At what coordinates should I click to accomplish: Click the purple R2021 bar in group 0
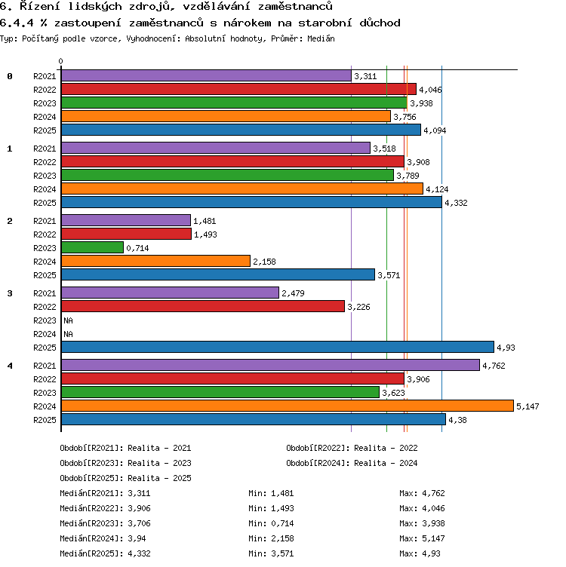(x=206, y=75)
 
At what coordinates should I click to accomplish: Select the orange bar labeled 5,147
(x=288, y=406)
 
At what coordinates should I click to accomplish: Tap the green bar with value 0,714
(x=92, y=247)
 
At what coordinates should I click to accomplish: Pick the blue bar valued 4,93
(x=278, y=347)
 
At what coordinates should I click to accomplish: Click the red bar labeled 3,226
(x=203, y=306)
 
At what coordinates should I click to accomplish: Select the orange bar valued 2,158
(x=155, y=261)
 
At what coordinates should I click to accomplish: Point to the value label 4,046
(x=430, y=90)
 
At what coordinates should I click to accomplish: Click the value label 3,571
(x=389, y=275)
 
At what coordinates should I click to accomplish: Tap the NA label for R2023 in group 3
(x=68, y=320)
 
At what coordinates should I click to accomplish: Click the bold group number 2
(x=10, y=221)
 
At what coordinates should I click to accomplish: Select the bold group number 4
(x=10, y=366)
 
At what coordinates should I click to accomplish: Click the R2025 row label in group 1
(x=45, y=203)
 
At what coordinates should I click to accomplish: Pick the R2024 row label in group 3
(x=45, y=334)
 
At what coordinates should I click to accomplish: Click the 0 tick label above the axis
(x=61, y=61)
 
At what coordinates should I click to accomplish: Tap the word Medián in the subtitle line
(x=321, y=38)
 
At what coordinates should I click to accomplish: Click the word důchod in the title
(x=380, y=23)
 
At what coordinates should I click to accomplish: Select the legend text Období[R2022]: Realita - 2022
(x=352, y=448)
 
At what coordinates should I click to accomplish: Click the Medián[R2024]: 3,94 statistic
(x=103, y=538)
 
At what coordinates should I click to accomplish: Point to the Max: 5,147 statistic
(x=422, y=538)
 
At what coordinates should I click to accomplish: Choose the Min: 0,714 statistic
(x=271, y=523)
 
